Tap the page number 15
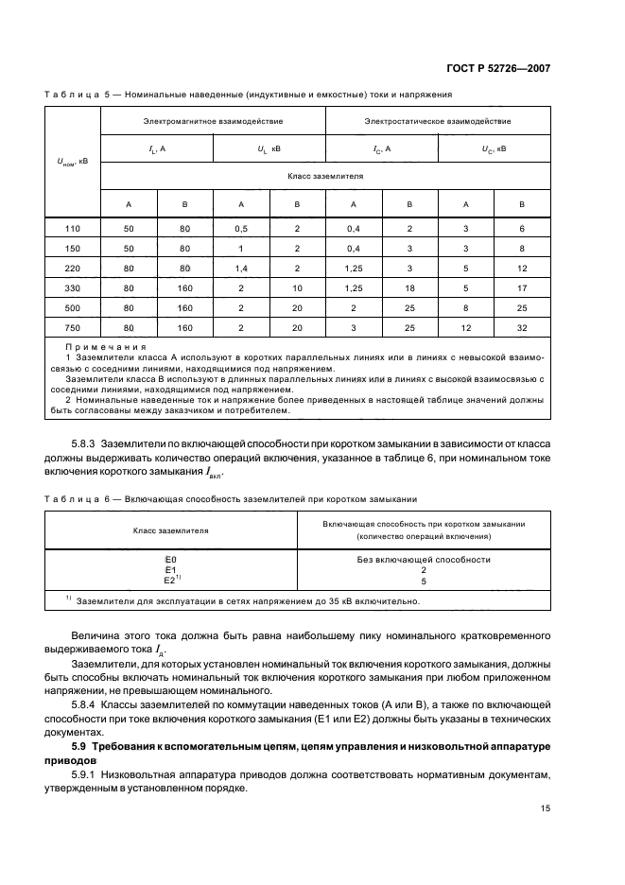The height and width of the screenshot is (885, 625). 545,807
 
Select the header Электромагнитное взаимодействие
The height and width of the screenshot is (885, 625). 213,121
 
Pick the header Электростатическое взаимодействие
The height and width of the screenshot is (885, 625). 438,121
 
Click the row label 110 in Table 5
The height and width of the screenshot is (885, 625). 73,230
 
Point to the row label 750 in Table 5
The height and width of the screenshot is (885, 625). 73,328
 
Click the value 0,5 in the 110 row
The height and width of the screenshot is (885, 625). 241,230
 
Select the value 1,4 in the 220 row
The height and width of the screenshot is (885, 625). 241,269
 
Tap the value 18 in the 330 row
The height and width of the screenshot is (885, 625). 409,288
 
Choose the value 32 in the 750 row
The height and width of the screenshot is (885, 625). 522,328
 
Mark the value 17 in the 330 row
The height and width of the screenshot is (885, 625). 522,288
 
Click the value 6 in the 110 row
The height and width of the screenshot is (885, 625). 522,230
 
